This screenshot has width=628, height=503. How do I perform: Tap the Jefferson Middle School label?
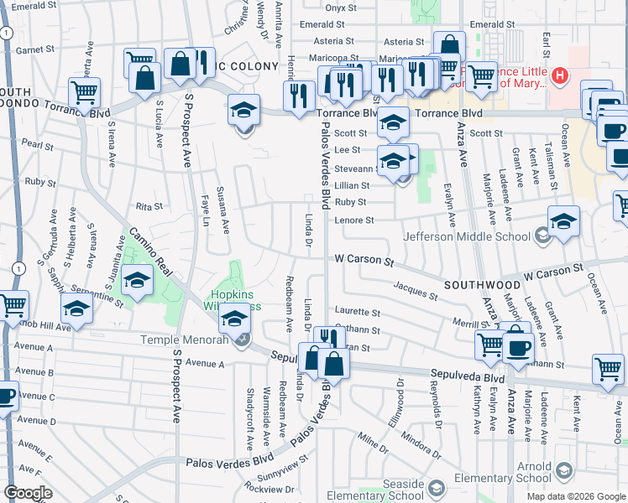(467, 236)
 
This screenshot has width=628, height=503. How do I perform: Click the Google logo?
(28, 493)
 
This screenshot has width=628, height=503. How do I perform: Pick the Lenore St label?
(353, 220)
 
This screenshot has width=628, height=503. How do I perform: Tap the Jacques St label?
(416, 293)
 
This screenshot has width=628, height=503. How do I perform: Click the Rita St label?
(148, 206)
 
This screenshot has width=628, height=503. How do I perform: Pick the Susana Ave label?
(223, 210)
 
